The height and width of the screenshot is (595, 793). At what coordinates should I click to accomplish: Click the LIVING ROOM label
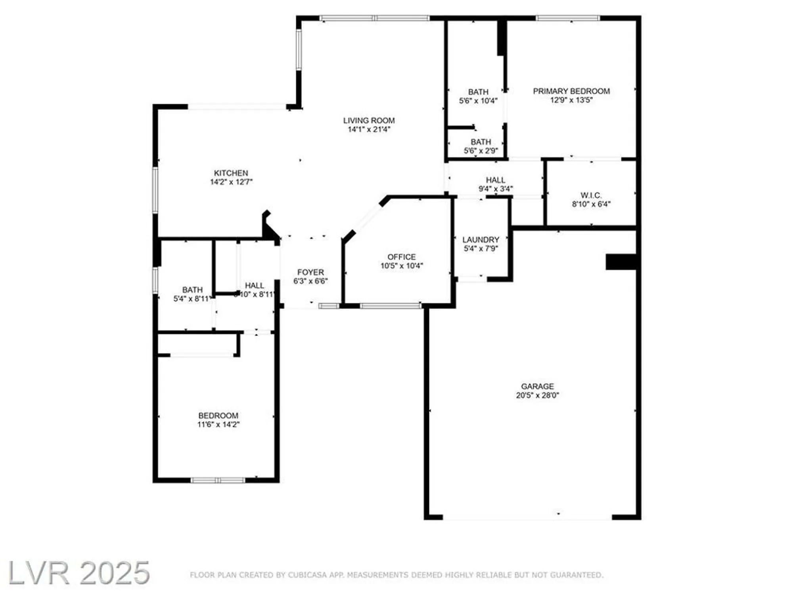(369, 120)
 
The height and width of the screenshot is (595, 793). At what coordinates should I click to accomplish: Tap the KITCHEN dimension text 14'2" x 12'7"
(231, 182)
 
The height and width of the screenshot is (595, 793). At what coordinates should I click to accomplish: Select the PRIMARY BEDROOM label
(571, 91)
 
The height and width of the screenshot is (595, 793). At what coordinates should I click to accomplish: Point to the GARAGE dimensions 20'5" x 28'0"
(537, 395)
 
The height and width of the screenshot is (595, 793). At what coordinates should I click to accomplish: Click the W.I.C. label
(591, 195)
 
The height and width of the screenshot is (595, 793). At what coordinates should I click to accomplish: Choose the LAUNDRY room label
(481, 240)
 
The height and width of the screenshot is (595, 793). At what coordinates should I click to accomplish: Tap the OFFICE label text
(401, 257)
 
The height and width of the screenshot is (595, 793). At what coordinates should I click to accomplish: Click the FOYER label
(310, 272)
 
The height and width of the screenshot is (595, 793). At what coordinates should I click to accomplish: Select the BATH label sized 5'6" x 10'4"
(478, 92)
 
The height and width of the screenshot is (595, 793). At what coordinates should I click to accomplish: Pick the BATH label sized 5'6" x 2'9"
(481, 142)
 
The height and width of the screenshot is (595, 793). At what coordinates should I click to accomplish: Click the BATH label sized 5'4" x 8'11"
(192, 290)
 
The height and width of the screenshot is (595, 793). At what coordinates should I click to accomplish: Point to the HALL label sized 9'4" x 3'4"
(495, 180)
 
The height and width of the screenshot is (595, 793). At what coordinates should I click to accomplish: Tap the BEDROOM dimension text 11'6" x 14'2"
(218, 424)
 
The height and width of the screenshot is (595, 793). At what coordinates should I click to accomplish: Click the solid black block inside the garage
(621, 262)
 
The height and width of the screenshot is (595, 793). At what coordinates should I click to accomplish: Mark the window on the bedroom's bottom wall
(218, 480)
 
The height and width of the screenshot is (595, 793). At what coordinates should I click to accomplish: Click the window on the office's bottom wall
(391, 305)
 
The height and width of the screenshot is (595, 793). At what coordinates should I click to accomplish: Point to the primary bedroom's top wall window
(568, 18)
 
